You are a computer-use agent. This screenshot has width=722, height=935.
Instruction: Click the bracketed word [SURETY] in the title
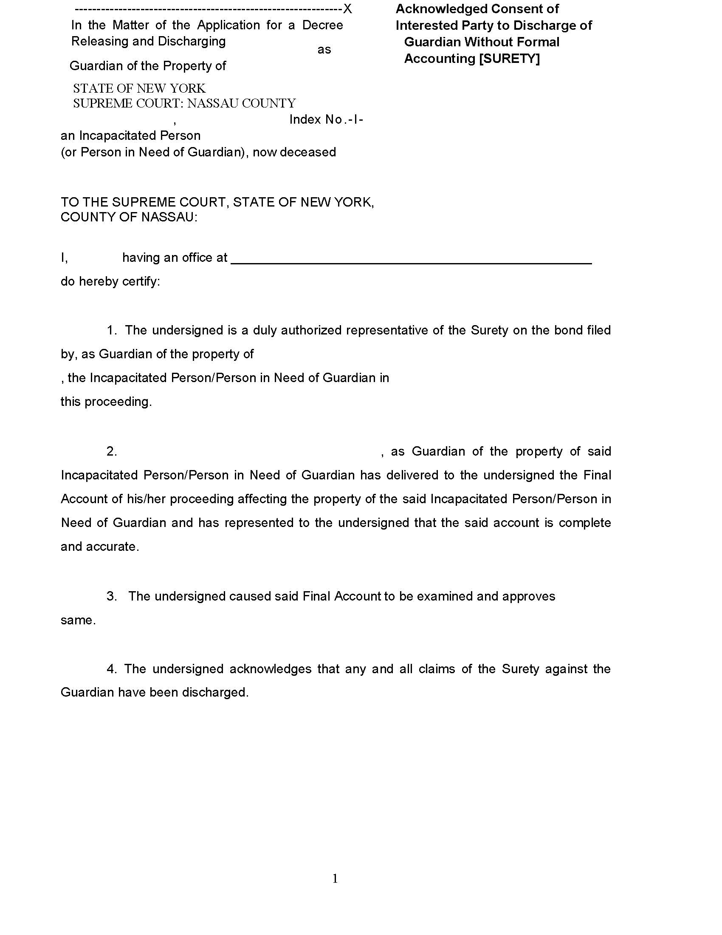tap(509, 58)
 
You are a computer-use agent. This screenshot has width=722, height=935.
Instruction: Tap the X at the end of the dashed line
tap(347, 8)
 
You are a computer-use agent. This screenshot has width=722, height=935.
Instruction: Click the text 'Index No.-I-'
tap(326, 119)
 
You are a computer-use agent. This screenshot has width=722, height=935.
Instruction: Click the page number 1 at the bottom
tap(335, 878)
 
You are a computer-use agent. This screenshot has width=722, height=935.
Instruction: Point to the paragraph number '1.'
tap(112, 330)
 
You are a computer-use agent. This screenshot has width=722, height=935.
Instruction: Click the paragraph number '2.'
tap(112, 451)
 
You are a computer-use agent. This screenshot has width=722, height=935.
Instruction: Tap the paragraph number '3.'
tap(112, 596)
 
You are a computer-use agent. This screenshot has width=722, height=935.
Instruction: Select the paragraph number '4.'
tap(112, 669)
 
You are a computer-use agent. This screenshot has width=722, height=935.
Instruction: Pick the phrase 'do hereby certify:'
tap(110, 281)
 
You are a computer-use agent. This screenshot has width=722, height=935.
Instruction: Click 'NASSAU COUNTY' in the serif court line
tap(241, 103)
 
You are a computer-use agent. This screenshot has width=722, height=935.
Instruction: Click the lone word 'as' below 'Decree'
tap(324, 50)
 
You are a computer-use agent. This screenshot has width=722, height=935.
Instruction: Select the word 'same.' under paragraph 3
tap(78, 620)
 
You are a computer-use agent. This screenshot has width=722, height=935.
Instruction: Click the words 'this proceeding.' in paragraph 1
tap(106, 402)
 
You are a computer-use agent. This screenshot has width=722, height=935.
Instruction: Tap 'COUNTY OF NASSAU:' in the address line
tap(129, 217)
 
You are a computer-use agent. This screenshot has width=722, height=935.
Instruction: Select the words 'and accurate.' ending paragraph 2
tap(100, 547)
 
